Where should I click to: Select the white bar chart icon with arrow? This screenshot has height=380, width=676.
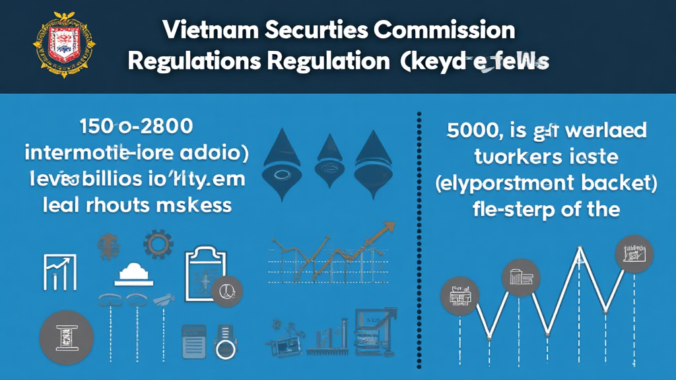60,271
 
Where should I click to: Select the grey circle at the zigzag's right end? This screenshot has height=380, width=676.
634,254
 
